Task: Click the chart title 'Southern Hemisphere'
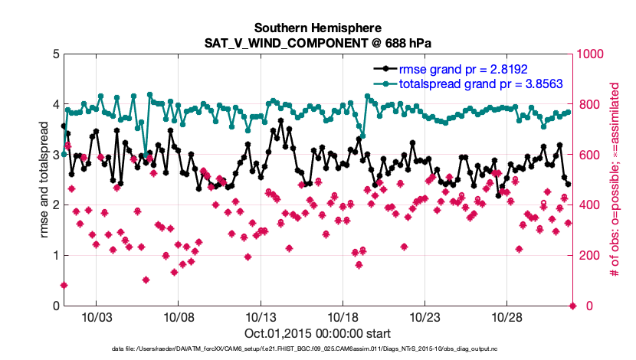pyautogui.click(x=318, y=28)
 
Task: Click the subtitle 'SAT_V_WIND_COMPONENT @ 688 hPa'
pyautogui.click(x=318, y=42)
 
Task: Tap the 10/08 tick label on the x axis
pyautogui.click(x=179, y=317)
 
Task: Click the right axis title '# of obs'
pyautogui.click(x=613, y=180)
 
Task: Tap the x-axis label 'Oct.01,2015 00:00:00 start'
pyautogui.click(x=318, y=333)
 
